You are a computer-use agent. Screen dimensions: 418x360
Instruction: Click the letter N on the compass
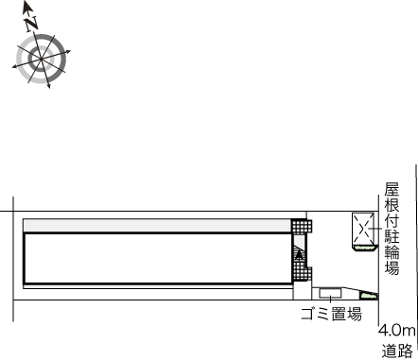coord(31,24)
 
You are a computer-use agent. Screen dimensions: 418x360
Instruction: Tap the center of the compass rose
coord(42,59)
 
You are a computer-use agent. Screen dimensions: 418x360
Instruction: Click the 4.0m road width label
coord(397,331)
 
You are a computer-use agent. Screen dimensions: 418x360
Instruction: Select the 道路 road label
coord(397,351)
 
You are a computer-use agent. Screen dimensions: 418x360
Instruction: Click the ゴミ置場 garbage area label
coord(331,314)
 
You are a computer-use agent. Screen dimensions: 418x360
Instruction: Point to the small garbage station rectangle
coord(330,293)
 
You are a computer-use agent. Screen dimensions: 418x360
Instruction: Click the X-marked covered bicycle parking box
coord(363,229)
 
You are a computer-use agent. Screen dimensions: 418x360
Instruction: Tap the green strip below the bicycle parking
coord(365,249)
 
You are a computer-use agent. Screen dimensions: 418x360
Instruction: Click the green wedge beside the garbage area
coord(369,296)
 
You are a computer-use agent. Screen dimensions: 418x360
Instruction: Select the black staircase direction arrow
coord(299,254)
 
